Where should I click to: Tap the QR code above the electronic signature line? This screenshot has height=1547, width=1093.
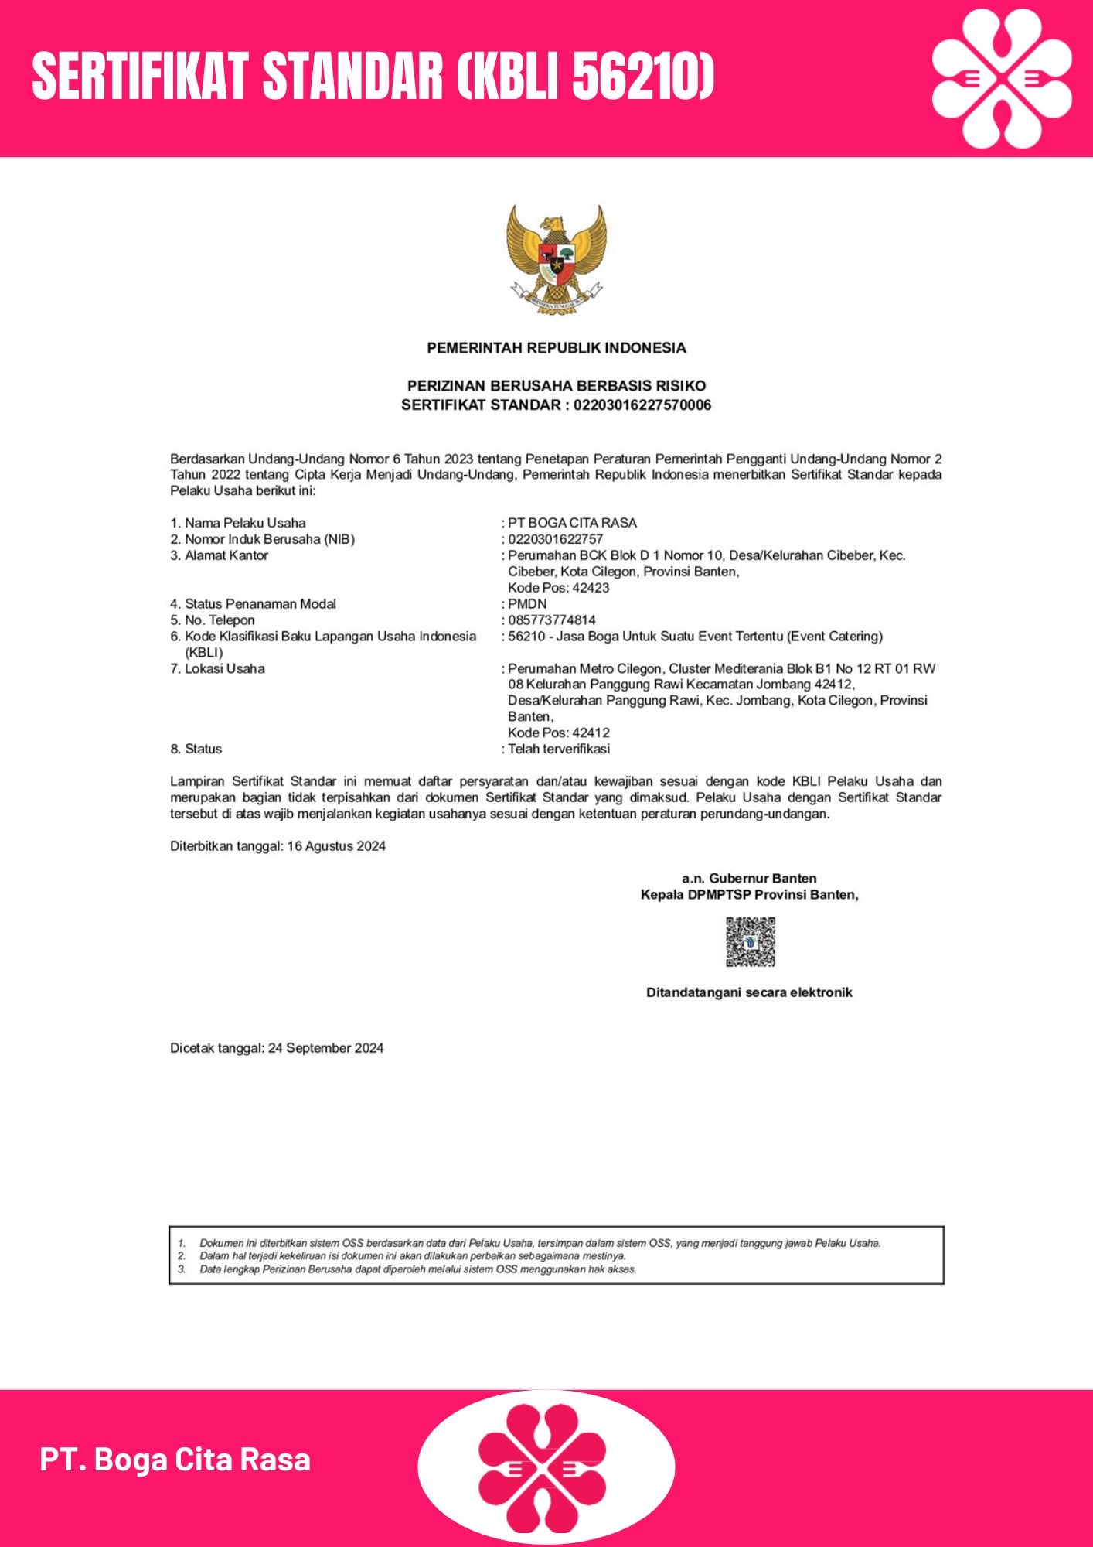(x=750, y=941)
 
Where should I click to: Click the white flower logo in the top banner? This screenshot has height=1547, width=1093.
(x=1002, y=78)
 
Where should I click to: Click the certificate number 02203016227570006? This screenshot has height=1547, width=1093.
(x=642, y=405)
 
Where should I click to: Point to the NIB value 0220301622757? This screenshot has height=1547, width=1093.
(x=555, y=539)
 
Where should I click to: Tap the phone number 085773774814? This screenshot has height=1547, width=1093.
(x=552, y=620)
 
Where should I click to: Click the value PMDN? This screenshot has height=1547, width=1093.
(x=527, y=604)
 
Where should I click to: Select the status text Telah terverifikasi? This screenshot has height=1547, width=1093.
(x=559, y=749)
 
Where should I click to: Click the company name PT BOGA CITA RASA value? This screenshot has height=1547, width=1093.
(x=572, y=523)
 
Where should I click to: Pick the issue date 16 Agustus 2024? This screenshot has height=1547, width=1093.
(x=336, y=846)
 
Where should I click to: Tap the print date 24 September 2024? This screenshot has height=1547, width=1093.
(x=325, y=1048)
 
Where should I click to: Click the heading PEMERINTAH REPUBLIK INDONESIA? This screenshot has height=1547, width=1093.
(x=557, y=348)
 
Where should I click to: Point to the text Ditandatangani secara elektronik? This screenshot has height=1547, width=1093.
(x=749, y=992)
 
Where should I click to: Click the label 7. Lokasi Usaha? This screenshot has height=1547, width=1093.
(x=217, y=669)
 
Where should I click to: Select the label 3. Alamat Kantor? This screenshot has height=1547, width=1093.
(x=219, y=555)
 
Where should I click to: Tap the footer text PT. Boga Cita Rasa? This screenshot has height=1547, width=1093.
(x=175, y=1460)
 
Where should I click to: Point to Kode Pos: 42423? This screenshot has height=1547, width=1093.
(x=558, y=588)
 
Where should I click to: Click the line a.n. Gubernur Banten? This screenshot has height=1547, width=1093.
(x=749, y=879)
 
